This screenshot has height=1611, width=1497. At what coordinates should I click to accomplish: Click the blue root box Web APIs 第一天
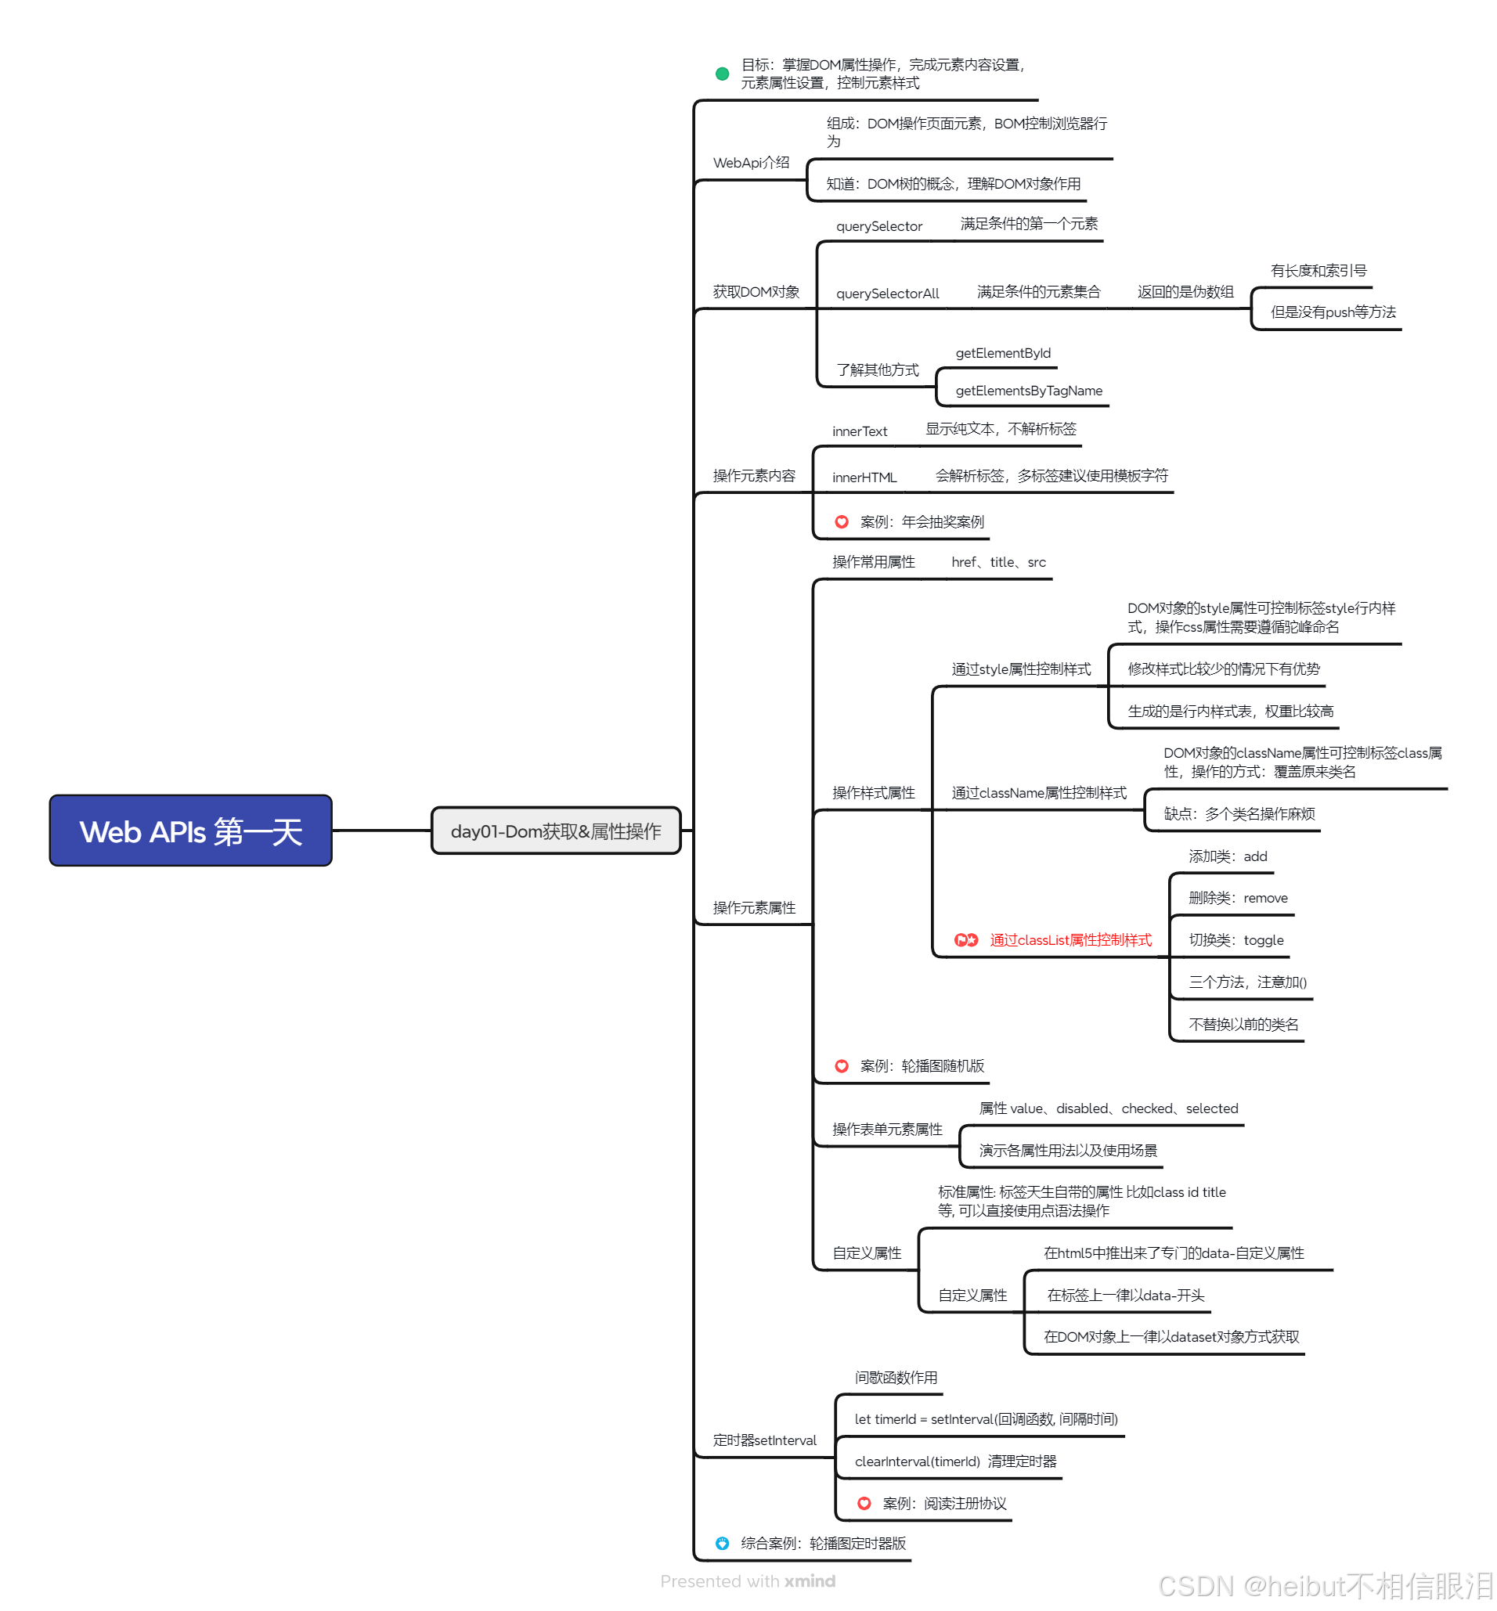pyautogui.click(x=190, y=831)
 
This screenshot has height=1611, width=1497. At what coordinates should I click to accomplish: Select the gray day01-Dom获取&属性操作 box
pyautogui.click(x=556, y=831)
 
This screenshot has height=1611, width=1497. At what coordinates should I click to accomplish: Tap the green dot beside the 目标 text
pyautogui.click(x=722, y=74)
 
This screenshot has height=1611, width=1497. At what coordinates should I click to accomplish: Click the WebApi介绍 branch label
pyautogui.click(x=751, y=163)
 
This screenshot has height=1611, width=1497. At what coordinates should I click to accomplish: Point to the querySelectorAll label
pyautogui.click(x=887, y=294)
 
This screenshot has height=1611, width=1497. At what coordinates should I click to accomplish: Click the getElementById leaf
pyautogui.click(x=1003, y=353)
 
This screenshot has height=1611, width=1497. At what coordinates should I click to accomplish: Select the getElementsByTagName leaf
pyautogui.click(x=1029, y=391)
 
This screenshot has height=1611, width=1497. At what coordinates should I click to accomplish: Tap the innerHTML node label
pyautogui.click(x=864, y=477)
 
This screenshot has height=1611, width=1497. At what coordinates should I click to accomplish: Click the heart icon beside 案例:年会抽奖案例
pyautogui.click(x=842, y=521)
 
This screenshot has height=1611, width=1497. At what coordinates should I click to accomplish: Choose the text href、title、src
pyautogui.click(x=998, y=562)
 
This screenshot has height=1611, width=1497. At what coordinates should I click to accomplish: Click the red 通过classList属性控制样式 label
pyautogui.click(x=1070, y=939)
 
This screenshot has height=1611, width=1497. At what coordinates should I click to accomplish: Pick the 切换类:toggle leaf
pyautogui.click(x=1235, y=939)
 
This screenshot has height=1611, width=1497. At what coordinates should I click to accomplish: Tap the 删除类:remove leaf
pyautogui.click(x=1238, y=897)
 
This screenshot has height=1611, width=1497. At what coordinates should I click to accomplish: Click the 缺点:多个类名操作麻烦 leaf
pyautogui.click(x=1239, y=813)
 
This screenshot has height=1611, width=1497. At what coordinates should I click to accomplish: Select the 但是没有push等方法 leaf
pyautogui.click(x=1333, y=312)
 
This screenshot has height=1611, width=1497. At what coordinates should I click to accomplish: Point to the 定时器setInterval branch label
pyautogui.click(x=764, y=1440)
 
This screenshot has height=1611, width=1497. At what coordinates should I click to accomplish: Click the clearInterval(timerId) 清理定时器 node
pyautogui.click(x=955, y=1461)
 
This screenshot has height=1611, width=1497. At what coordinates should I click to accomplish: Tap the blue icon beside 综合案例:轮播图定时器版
pyautogui.click(x=722, y=1543)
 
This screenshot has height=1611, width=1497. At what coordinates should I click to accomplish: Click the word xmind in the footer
pyautogui.click(x=810, y=1580)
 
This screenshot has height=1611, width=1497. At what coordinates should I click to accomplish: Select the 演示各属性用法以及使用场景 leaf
pyautogui.click(x=1068, y=1150)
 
